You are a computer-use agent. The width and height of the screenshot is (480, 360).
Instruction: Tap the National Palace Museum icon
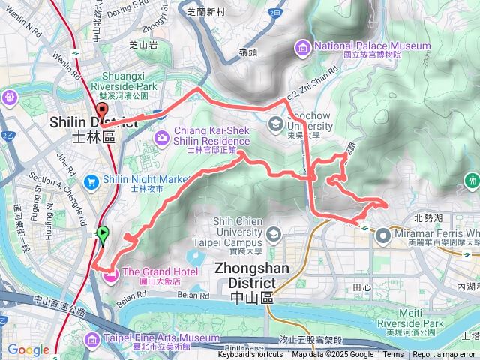click(304, 49)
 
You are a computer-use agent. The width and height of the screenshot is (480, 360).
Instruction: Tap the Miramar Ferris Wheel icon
click(382, 234)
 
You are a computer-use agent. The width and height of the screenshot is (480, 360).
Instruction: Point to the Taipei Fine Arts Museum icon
click(91, 340)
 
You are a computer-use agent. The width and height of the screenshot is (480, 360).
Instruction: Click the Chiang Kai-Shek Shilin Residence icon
click(162, 137)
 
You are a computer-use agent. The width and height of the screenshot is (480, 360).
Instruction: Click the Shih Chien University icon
click(273, 233)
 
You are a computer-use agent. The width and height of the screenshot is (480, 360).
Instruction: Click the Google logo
click(28, 350)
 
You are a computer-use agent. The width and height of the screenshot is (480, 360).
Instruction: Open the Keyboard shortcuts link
click(250, 355)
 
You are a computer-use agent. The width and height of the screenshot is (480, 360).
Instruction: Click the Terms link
click(393, 355)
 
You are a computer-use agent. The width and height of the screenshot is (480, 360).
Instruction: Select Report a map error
click(445, 355)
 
